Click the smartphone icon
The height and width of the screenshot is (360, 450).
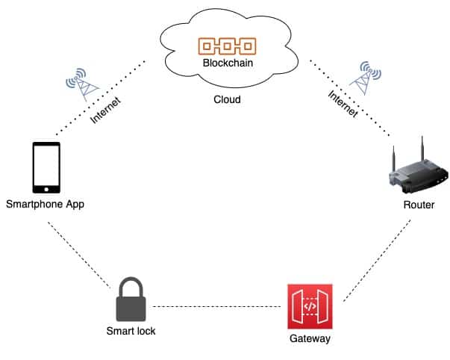46,167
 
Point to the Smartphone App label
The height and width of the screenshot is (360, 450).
45,203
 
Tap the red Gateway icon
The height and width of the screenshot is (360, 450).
310,306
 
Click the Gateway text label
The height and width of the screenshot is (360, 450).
309,339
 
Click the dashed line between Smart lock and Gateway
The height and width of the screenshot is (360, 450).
220,306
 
